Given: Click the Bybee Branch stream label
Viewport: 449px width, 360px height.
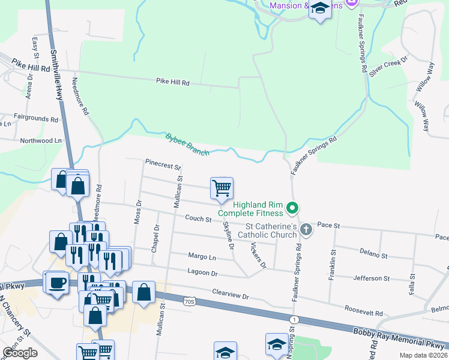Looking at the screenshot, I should (x=187, y=145).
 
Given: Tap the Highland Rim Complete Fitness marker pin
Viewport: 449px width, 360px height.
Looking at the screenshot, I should (x=292, y=209).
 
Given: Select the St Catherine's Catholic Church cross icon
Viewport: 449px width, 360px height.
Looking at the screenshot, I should (x=306, y=229).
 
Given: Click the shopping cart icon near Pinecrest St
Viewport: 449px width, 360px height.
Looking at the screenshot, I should (x=221, y=188).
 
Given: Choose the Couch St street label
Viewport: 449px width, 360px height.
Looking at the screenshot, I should (x=198, y=219).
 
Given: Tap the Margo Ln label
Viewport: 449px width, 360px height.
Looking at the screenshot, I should (x=203, y=257).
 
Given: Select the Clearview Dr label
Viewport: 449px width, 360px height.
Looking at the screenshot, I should (x=230, y=294).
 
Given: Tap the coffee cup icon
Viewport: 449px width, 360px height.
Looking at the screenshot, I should (x=57, y=283).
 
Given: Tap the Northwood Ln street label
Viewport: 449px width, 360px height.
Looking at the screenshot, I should (x=41, y=140).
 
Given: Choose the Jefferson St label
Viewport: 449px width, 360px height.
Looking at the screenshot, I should (x=372, y=278).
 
